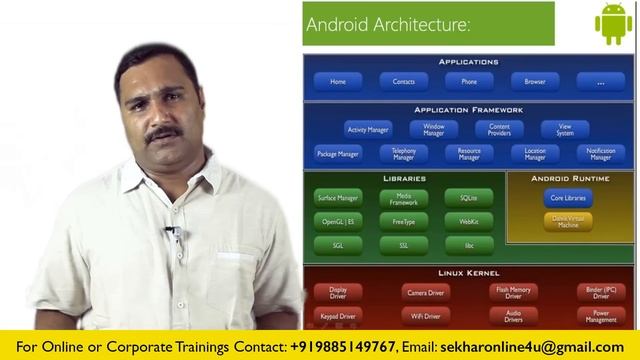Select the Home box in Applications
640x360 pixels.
[338, 82]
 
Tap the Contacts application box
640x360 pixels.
[404, 82]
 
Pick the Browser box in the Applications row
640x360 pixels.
[535, 82]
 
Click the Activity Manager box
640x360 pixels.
[368, 130]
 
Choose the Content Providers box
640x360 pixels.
[499, 130]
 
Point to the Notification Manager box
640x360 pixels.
[601, 154]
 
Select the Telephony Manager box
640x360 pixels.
[404, 154]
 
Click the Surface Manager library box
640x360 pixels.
[338, 198]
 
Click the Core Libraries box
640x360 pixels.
[568, 198]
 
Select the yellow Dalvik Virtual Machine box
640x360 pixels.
[568, 221]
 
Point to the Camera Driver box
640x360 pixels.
[425, 293]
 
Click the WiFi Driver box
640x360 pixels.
[425, 316]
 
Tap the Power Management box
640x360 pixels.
[601, 316]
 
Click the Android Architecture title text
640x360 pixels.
[388, 23]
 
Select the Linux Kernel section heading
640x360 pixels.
[469, 273]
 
